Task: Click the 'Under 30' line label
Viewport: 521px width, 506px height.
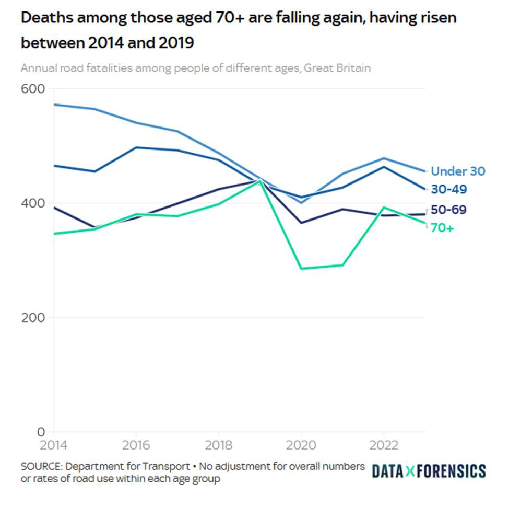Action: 458,171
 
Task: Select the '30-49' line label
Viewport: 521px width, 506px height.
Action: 449,189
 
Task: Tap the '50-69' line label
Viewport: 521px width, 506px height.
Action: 449,210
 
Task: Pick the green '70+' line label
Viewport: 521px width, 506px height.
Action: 442,228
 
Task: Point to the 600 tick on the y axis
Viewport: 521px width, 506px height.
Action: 32,89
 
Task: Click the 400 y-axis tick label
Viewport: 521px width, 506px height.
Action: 32,203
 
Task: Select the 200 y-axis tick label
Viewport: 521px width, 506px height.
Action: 32,317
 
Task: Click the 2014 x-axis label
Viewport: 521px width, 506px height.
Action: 53,445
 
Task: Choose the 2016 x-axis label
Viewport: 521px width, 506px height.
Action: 136,445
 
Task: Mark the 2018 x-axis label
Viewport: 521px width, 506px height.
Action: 219,445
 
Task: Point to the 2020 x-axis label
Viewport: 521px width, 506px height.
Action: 301,445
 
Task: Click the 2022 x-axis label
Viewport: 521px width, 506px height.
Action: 384,445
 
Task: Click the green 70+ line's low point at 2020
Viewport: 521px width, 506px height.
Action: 301,269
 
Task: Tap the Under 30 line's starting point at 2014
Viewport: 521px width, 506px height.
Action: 54,105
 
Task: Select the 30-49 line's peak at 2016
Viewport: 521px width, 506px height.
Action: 136,147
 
